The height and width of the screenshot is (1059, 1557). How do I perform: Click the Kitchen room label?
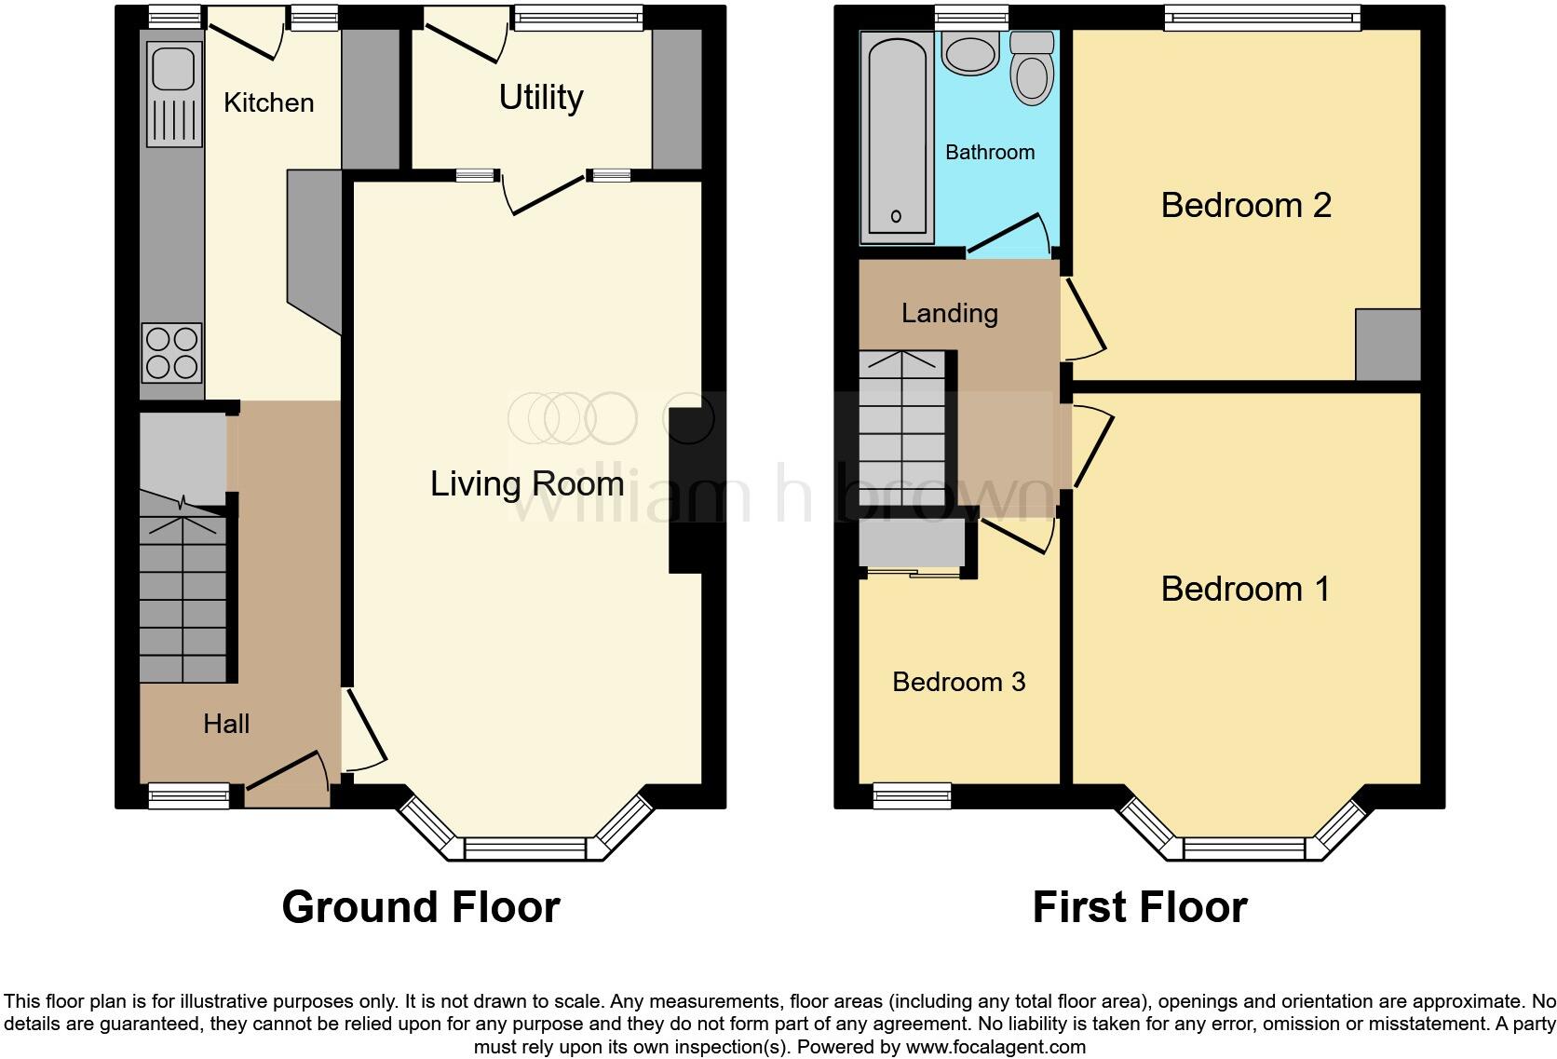268,102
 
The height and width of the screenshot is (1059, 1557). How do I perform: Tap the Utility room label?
541,97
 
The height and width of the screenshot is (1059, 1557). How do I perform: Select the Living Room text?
527,483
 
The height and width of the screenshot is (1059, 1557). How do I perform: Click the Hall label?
226,724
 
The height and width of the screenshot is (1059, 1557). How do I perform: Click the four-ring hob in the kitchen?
171,353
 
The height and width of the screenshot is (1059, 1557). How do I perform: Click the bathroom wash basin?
969,51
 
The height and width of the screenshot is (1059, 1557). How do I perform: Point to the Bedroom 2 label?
1246,205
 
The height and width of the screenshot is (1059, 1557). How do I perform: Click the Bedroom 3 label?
958,682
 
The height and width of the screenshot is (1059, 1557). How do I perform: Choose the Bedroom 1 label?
1245,589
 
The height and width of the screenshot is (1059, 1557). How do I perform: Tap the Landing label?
949,313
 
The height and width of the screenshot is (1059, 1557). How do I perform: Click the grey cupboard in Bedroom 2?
1388,345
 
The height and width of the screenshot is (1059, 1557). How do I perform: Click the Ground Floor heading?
421,907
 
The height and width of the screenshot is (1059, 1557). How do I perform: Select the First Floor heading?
1139,907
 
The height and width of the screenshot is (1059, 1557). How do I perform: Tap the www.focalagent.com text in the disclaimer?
995,1047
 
